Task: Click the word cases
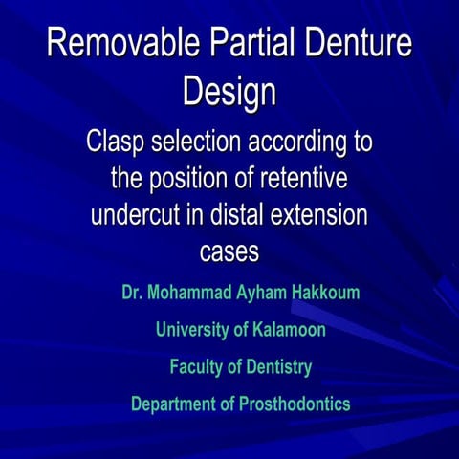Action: [229, 251]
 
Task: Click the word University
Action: [192, 330]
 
